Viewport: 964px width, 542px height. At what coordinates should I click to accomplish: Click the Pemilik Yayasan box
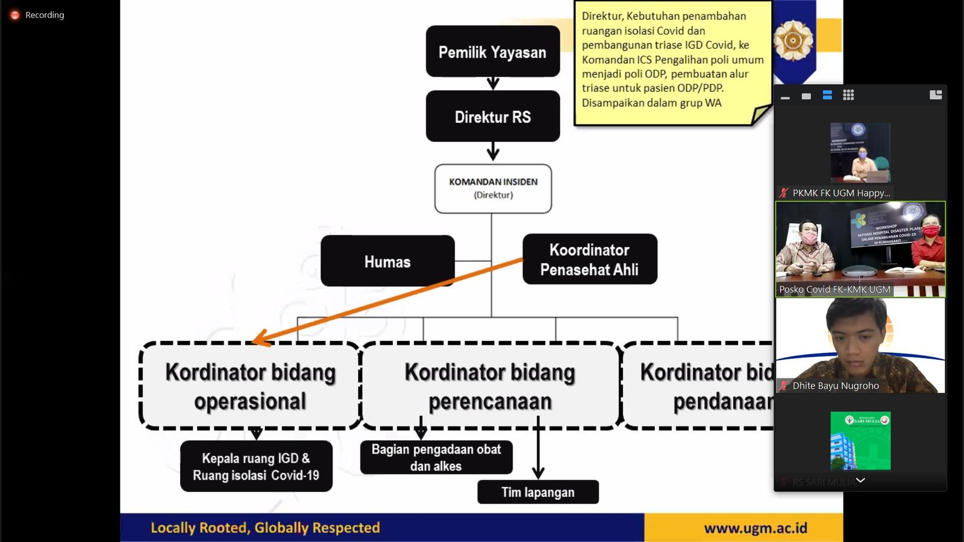click(492, 52)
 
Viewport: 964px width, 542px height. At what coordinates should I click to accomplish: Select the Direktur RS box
click(492, 117)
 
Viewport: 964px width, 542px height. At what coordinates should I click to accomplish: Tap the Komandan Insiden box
click(493, 188)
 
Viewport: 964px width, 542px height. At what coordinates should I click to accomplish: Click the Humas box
click(387, 261)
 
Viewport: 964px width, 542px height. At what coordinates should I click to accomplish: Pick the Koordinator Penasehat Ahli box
click(589, 260)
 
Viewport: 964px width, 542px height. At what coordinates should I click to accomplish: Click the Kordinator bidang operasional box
click(250, 386)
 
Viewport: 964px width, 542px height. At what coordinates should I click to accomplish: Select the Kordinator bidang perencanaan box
click(490, 386)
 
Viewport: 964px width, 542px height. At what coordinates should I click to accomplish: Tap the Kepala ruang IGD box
click(256, 466)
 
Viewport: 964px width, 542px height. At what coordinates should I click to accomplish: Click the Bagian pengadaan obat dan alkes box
click(436, 458)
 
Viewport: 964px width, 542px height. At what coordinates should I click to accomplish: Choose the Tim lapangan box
click(537, 492)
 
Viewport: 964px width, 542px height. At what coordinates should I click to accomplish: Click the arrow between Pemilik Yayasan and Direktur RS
click(493, 83)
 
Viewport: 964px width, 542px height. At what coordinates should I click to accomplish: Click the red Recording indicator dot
click(15, 15)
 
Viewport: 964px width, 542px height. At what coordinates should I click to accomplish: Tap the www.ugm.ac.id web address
click(755, 528)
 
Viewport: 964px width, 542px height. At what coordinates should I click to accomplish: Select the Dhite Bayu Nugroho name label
click(835, 386)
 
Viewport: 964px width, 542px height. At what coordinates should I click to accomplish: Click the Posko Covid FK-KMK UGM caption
click(834, 290)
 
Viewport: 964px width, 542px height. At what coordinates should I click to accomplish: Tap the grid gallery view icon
click(848, 95)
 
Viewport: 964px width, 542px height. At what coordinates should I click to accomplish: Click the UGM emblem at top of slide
click(793, 40)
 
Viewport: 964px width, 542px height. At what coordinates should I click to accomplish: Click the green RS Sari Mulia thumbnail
click(860, 440)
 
